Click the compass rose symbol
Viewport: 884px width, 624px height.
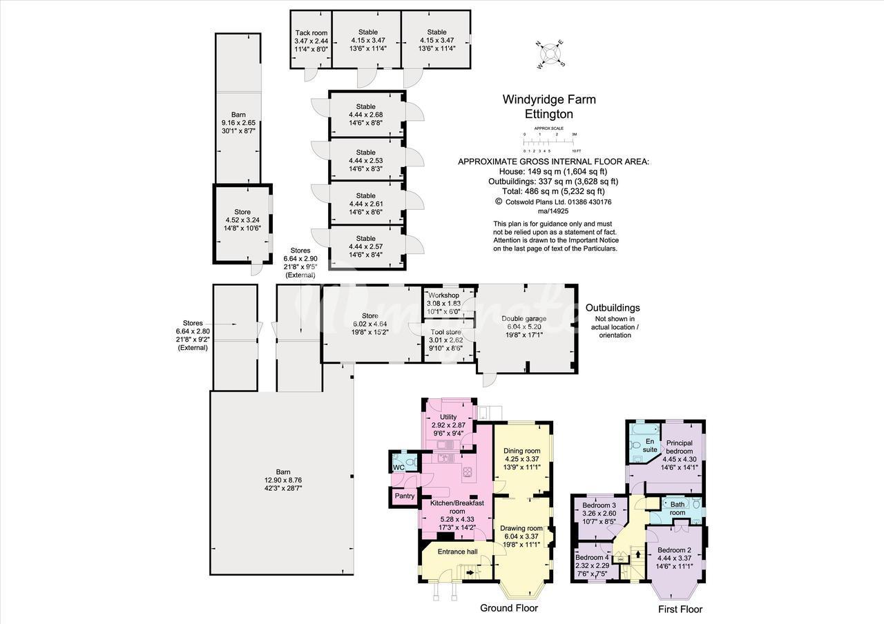[x=550, y=55]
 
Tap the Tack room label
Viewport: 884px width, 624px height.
[x=311, y=32]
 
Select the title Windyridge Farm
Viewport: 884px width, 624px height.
[x=549, y=99]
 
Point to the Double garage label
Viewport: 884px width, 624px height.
[x=523, y=318]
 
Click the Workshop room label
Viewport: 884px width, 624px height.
[x=443, y=295]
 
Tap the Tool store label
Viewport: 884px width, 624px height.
[x=446, y=332]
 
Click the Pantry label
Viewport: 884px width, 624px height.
[x=405, y=496]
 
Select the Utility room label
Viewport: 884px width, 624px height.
[x=448, y=417]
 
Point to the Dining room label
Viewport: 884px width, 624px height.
[x=521, y=451]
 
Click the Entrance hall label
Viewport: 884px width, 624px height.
[x=457, y=552]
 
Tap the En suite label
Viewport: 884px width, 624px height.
[x=650, y=445]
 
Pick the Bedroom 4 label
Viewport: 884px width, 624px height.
[x=592, y=557]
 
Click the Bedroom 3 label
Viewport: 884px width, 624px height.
[x=599, y=505]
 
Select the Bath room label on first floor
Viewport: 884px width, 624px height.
[x=678, y=509]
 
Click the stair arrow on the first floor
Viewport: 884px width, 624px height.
[x=638, y=554]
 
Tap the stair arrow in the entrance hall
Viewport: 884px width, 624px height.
[x=470, y=572]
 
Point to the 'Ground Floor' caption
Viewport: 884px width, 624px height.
[x=509, y=608]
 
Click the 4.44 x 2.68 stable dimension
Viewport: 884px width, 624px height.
[x=365, y=115]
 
